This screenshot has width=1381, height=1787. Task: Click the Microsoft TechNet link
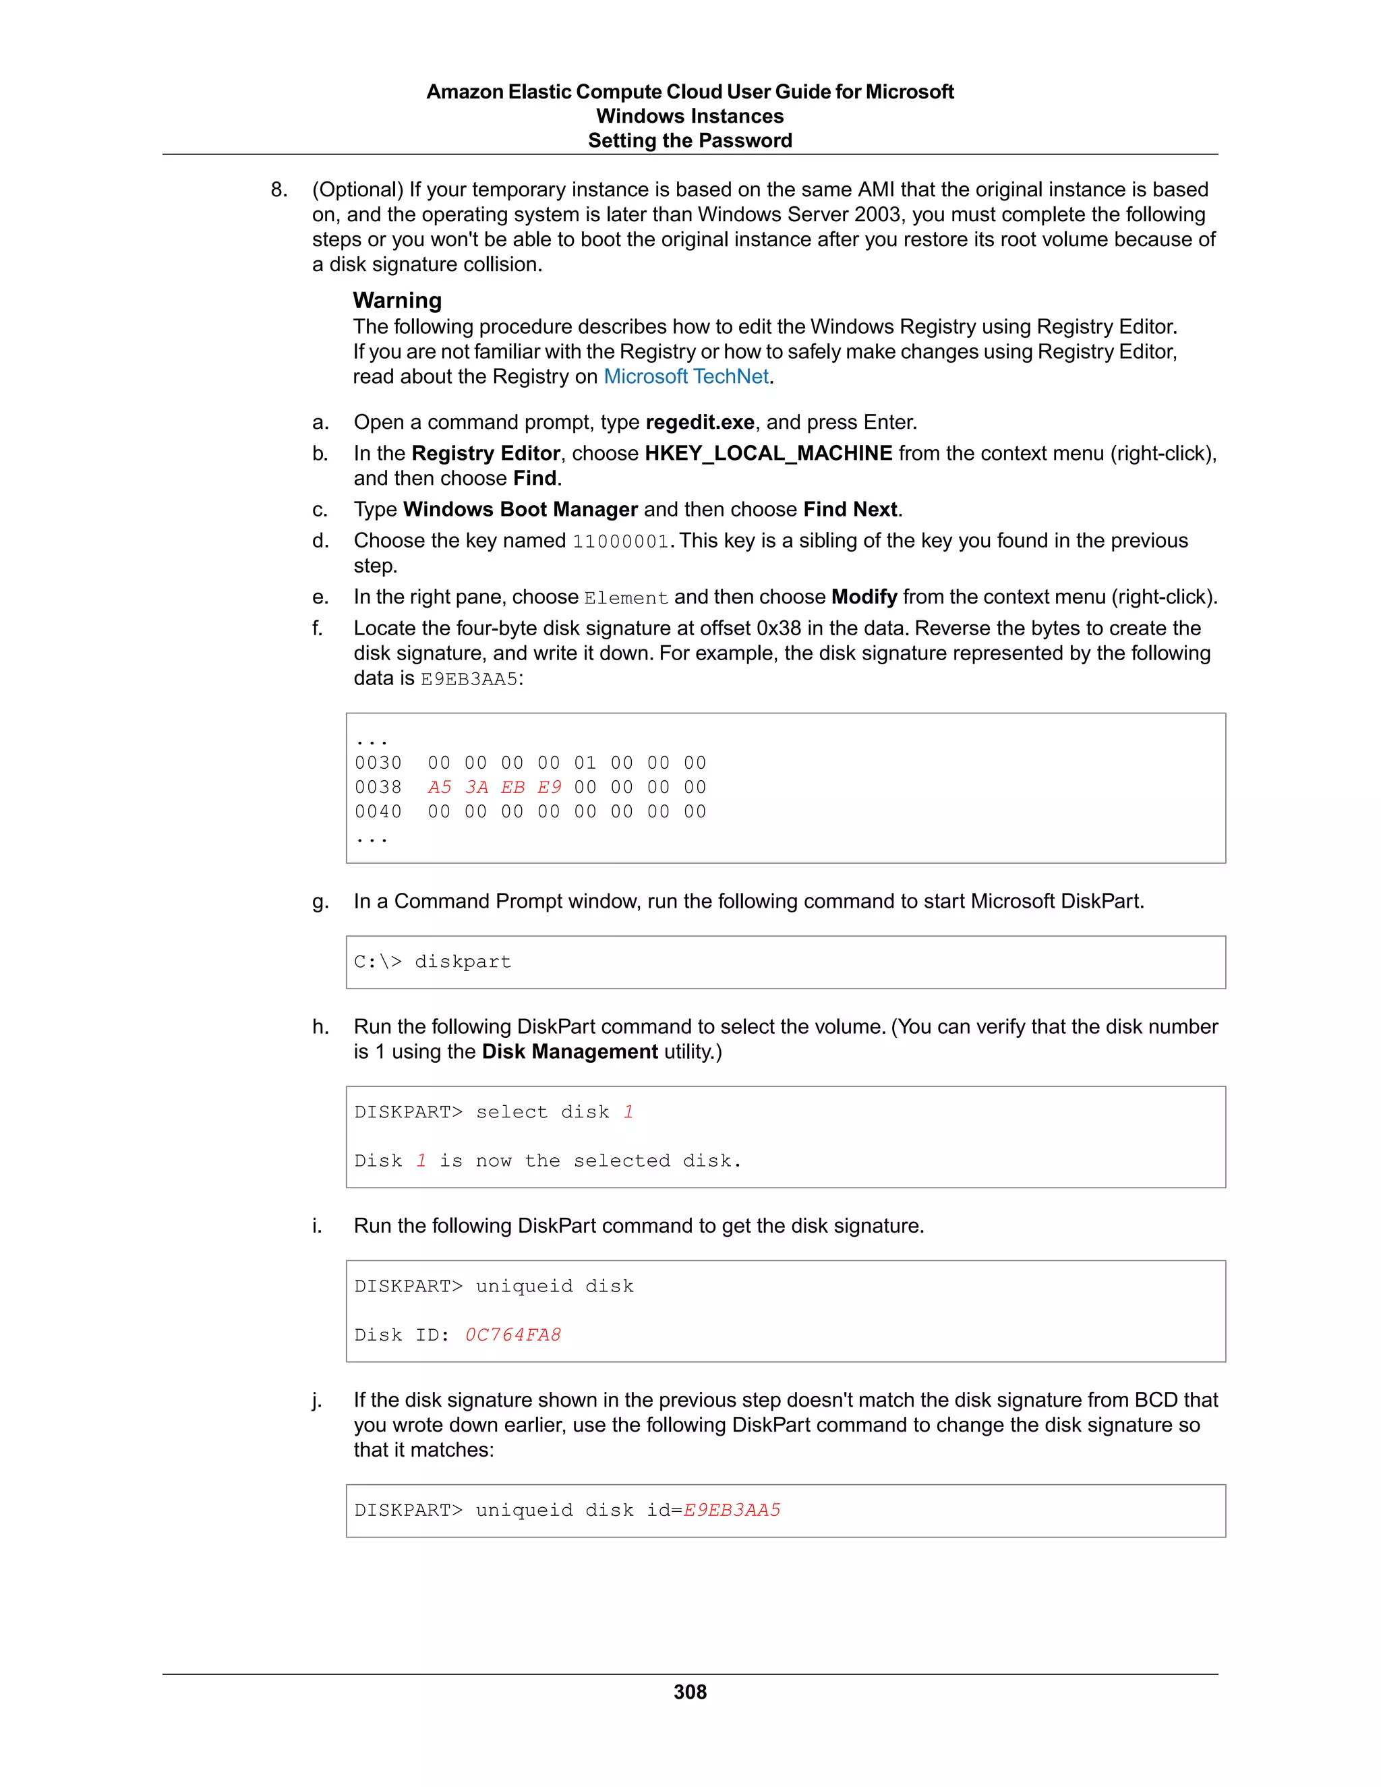pos(686,376)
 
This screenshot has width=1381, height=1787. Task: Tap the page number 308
pos(690,1692)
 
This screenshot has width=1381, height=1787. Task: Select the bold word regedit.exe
pos(699,422)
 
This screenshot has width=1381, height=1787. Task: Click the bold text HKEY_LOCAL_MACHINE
pos(768,453)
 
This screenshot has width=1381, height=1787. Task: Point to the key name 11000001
pos(620,541)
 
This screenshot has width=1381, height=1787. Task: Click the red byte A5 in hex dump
pos(440,787)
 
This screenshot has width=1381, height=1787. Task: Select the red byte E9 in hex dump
pos(549,787)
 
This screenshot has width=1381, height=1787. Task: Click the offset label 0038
pos(378,787)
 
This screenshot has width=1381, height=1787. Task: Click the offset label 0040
pos(378,812)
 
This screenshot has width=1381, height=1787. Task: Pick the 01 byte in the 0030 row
pos(585,763)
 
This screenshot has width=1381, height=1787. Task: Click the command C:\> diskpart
pos(432,962)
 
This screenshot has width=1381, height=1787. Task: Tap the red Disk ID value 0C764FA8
pos(513,1335)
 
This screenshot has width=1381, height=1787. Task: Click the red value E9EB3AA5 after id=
pos(732,1510)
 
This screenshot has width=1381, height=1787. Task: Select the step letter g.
pos(319,902)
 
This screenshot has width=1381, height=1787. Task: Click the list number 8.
pos(279,190)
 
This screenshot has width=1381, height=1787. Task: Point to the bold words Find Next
pos(850,509)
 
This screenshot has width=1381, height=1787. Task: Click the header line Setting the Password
pos(690,141)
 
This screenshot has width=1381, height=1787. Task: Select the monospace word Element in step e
pos(626,598)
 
